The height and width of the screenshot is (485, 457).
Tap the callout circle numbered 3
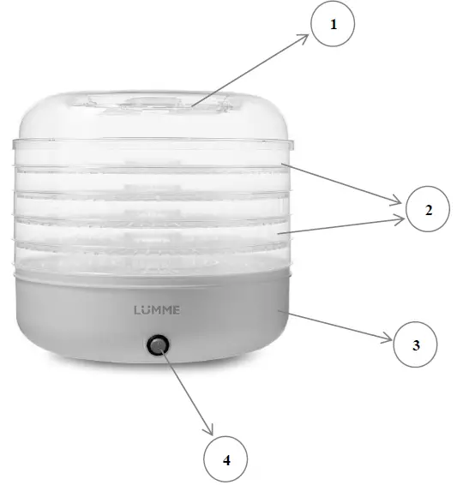click(x=416, y=345)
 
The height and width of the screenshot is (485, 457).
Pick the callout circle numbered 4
click(x=227, y=460)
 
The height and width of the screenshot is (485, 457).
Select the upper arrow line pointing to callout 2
click(x=343, y=184)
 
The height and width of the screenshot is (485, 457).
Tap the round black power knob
click(x=158, y=345)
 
